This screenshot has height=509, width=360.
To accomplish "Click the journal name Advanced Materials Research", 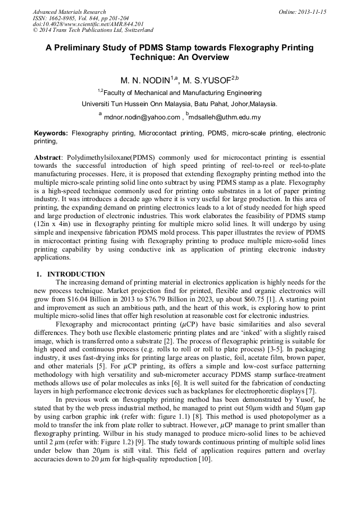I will point(69,12).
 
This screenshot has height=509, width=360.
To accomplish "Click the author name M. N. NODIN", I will point(145,81).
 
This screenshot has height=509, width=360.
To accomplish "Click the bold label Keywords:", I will point(51,133).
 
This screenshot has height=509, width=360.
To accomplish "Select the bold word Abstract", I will point(47,158).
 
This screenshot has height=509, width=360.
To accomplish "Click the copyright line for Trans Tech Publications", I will point(93,30).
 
